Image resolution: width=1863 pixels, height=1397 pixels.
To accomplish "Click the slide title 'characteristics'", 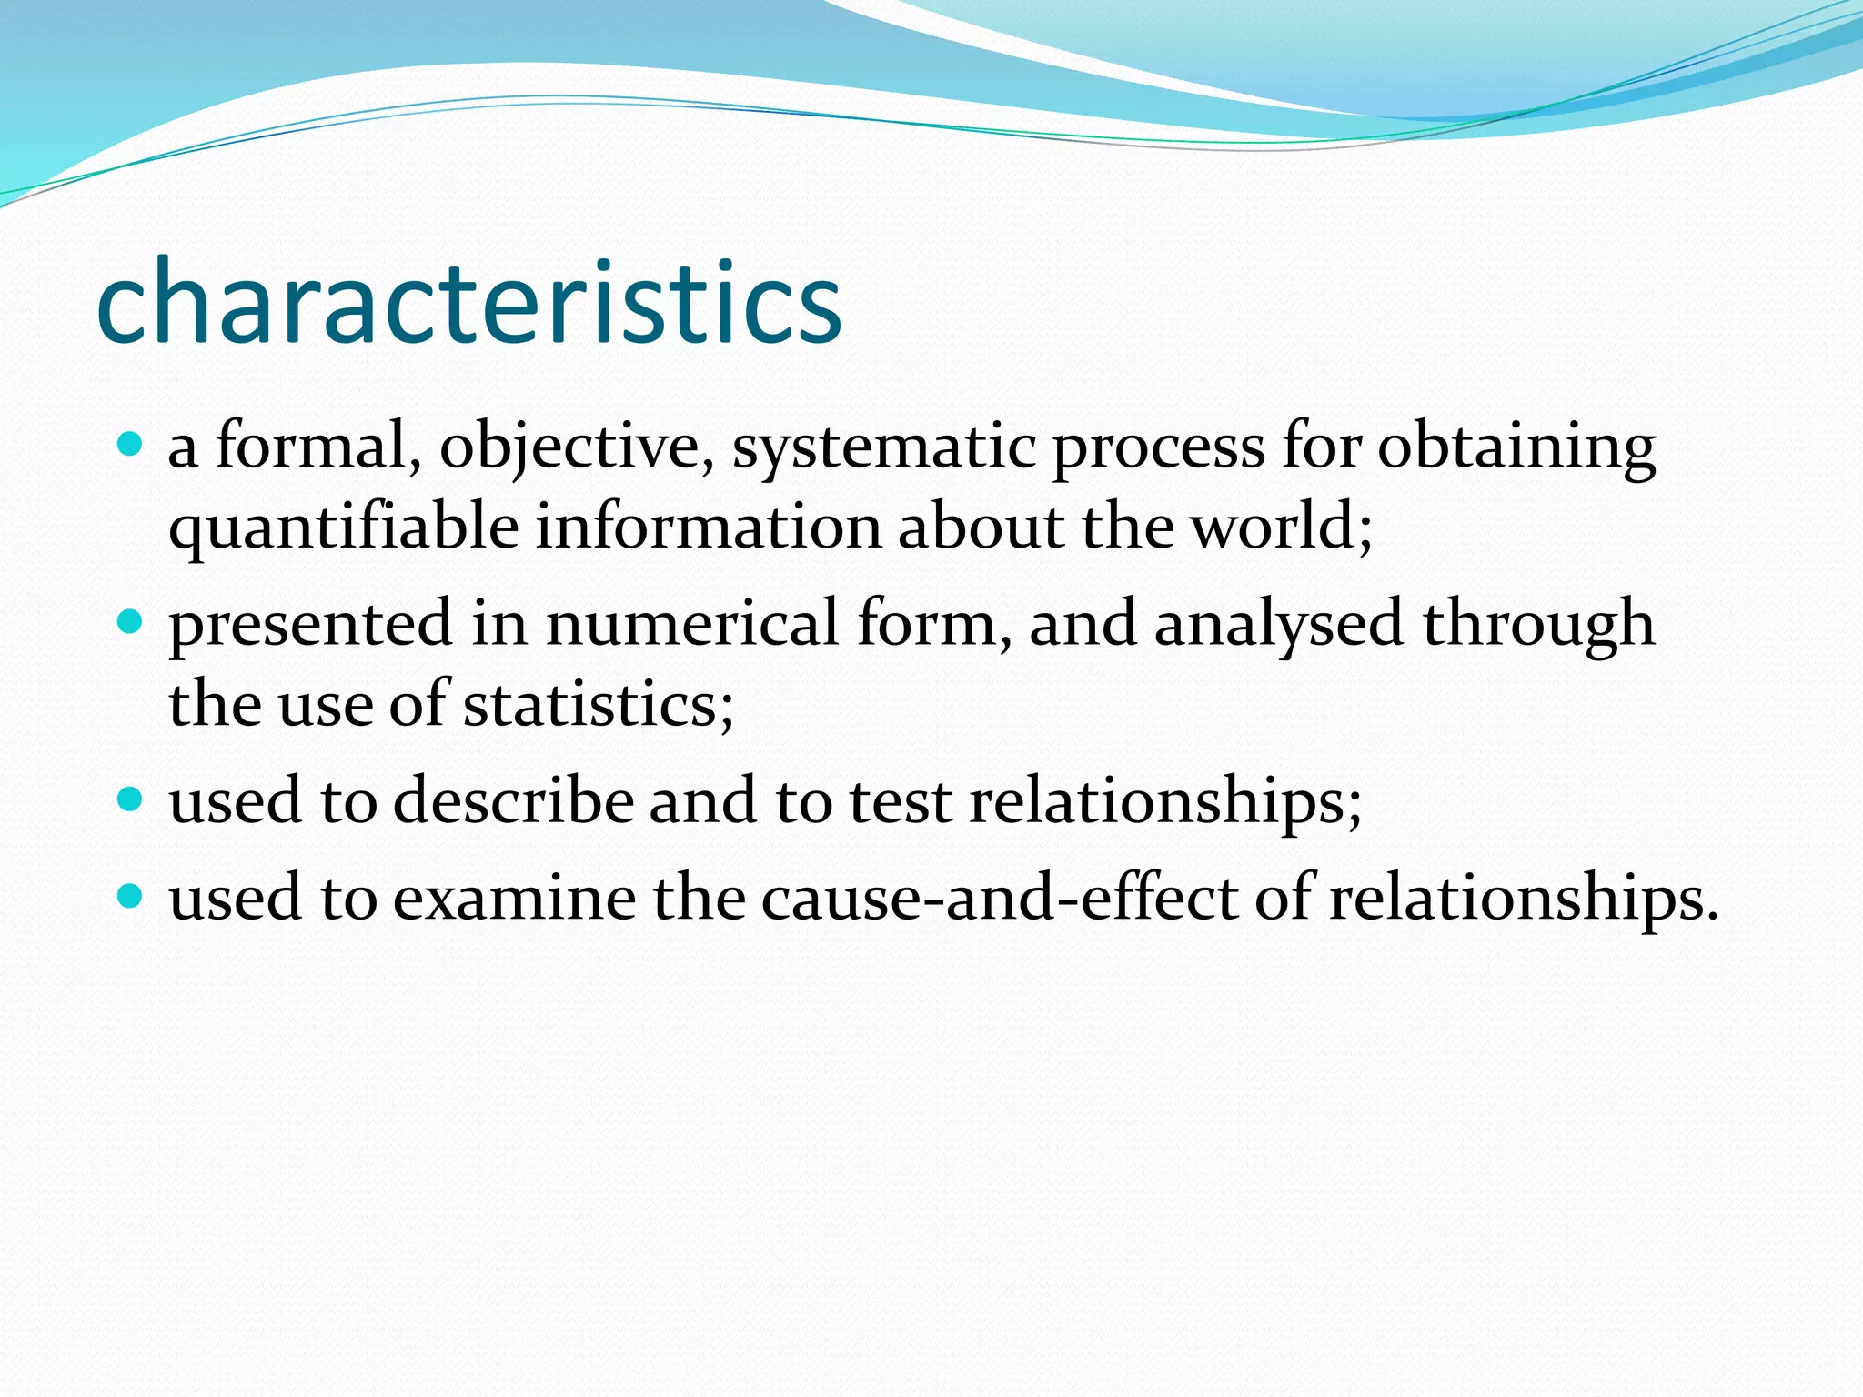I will point(468,302).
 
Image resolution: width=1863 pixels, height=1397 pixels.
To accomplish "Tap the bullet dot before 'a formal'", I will point(131,445).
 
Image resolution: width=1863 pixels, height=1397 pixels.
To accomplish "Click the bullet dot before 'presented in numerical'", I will point(131,622).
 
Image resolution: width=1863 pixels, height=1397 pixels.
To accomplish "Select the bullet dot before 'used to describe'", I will point(131,799).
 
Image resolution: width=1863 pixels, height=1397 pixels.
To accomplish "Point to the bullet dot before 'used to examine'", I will point(131,897).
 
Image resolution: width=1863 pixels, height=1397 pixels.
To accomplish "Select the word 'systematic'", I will point(883,447).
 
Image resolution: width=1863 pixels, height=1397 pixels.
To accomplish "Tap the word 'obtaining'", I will point(1516,447).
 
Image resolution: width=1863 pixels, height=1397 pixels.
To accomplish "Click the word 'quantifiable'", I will point(343,528).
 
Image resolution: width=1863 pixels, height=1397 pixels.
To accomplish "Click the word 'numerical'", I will point(691,624).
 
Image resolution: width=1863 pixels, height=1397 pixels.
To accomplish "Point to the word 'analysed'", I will point(1278,626).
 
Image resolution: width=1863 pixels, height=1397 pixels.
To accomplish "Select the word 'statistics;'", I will point(598,705).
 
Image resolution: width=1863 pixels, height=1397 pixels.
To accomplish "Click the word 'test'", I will point(900,801).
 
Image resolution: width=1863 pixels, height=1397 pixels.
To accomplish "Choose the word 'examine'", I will point(514,899).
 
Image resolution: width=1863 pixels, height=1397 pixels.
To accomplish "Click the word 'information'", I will point(708,528).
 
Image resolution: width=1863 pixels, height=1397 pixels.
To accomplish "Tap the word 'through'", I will point(1538,626).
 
